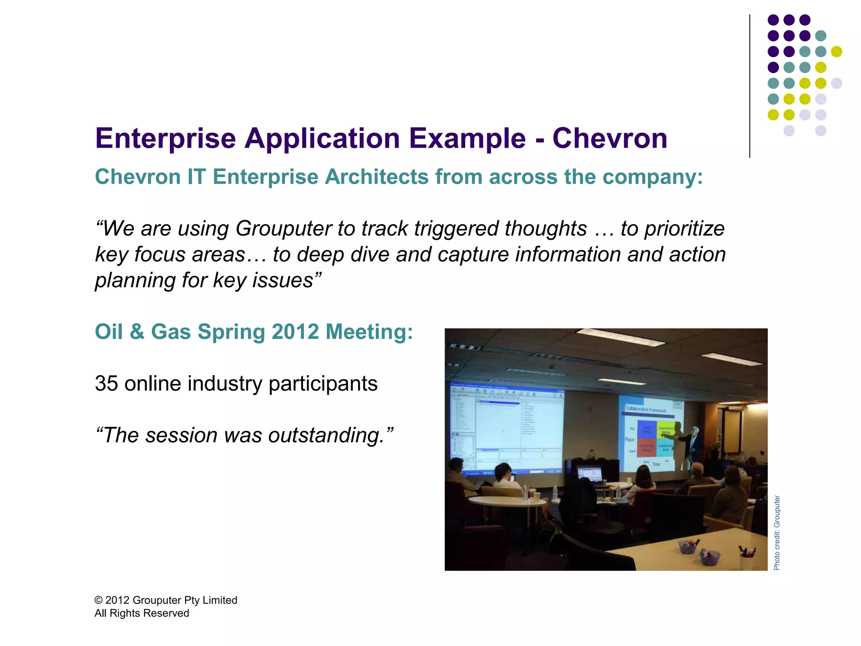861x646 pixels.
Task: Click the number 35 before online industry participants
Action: coord(106,384)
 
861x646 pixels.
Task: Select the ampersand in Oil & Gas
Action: coord(137,332)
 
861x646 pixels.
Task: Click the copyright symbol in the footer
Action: coord(98,600)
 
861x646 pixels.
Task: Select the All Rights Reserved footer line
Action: coord(142,613)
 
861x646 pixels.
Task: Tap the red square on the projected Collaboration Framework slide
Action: coord(647,447)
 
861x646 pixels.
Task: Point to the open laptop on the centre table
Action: coord(589,474)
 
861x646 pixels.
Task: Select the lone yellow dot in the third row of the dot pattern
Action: coord(836,51)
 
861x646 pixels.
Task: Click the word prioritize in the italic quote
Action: coord(685,229)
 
